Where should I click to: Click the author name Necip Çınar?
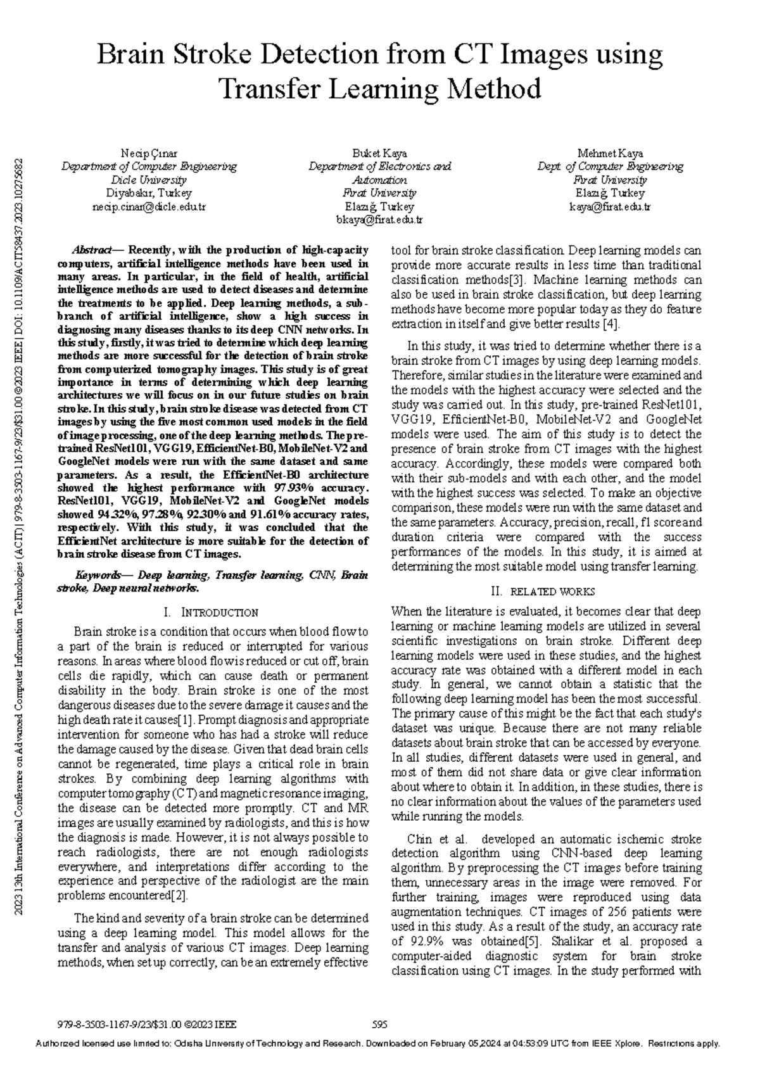[149, 154]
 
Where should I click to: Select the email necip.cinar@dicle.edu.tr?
[149, 207]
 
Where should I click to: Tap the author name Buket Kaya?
[379, 154]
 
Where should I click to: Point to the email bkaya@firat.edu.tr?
[379, 220]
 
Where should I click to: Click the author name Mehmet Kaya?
[610, 154]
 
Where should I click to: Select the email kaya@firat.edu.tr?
[610, 207]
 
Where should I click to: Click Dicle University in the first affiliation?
[149, 180]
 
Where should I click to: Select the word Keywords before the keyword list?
[98, 576]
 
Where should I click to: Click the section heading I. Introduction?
[211, 613]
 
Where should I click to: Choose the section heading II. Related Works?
[543, 592]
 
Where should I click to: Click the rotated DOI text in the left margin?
[21, 266]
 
